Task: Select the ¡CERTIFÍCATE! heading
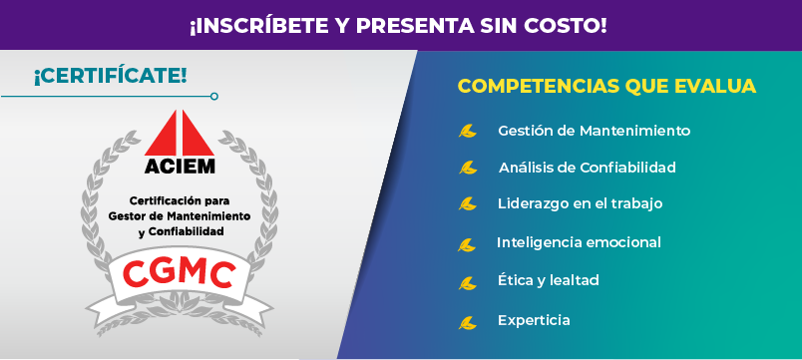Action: click(x=110, y=77)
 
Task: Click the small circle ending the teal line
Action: click(x=214, y=96)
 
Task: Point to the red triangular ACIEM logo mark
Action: click(x=179, y=133)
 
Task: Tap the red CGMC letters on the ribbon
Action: click(x=179, y=273)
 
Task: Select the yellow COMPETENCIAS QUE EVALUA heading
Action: click(x=606, y=86)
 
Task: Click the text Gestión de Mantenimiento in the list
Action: click(x=594, y=131)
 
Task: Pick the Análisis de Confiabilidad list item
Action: click(x=588, y=168)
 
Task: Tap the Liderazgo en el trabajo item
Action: click(x=580, y=203)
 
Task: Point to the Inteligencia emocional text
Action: click(x=579, y=242)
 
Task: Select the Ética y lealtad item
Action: click(x=549, y=280)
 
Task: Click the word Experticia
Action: click(x=534, y=321)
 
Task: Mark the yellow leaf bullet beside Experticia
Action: click(x=467, y=323)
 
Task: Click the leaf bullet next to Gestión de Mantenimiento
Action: click(x=467, y=132)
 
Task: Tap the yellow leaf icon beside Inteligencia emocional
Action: click(x=467, y=245)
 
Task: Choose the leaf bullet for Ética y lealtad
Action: click(x=467, y=283)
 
